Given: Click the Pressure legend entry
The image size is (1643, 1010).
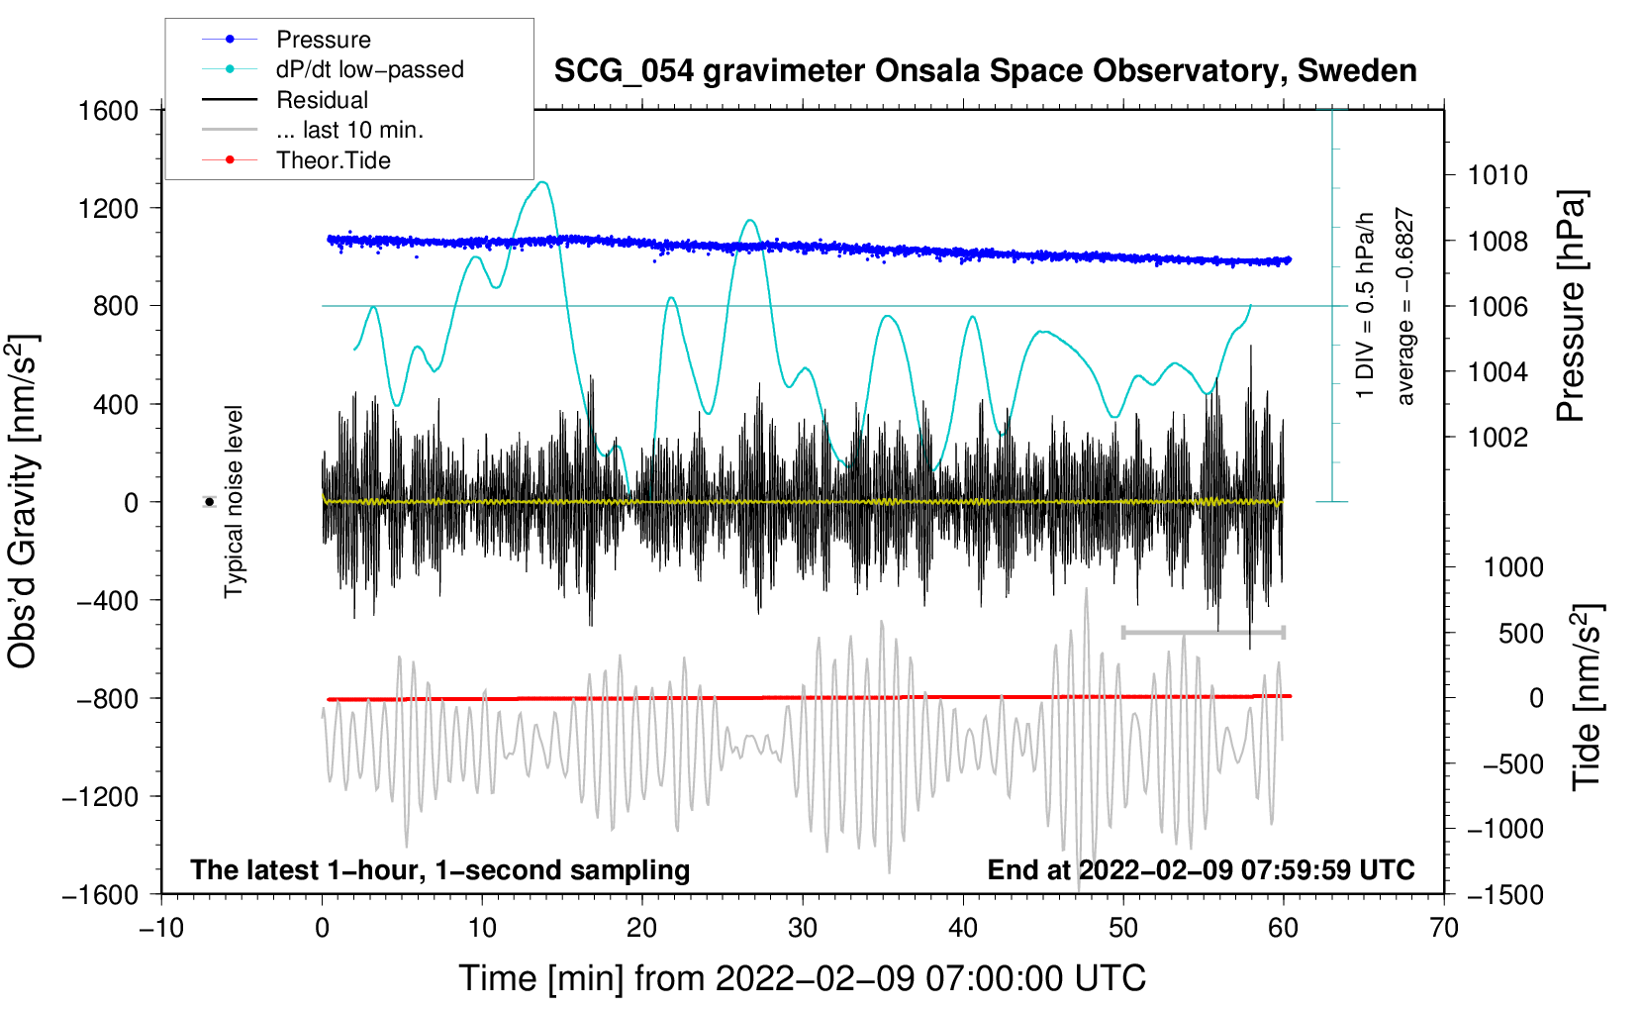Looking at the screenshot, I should coord(323,40).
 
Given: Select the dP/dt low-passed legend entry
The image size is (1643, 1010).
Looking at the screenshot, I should coord(368,69).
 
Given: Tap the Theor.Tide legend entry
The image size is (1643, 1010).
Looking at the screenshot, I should coord(333,160).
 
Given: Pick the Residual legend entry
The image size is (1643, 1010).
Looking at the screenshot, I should coord(322,100).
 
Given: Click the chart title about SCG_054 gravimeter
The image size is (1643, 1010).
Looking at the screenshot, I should coord(985,71).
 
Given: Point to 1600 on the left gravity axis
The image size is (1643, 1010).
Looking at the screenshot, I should coord(108,110).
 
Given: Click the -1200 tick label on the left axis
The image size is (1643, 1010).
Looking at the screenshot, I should coord(100,796).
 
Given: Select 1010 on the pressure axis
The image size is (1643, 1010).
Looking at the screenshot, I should coord(1498,175).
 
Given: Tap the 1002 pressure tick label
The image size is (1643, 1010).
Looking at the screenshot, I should coord(1498,437).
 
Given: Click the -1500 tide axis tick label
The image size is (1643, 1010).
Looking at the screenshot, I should coord(1504,894).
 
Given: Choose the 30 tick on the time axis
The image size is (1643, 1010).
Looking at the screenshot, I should coord(803,928).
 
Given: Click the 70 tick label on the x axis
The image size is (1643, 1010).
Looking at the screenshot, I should coord(1444,928).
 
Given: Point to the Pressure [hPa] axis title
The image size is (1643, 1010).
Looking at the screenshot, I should coord(1571,307).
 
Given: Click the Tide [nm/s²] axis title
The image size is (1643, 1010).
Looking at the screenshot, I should coord(1587,697).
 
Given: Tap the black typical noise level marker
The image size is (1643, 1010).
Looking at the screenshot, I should coord(210,502).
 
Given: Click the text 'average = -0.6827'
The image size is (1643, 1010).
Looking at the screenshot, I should coord(1404,307).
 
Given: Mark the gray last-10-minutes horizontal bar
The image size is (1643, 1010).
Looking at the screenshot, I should coord(1203,632).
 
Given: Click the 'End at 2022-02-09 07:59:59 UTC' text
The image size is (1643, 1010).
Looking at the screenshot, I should coord(1201,869).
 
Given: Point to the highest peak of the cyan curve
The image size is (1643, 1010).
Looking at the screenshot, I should coord(541,182).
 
